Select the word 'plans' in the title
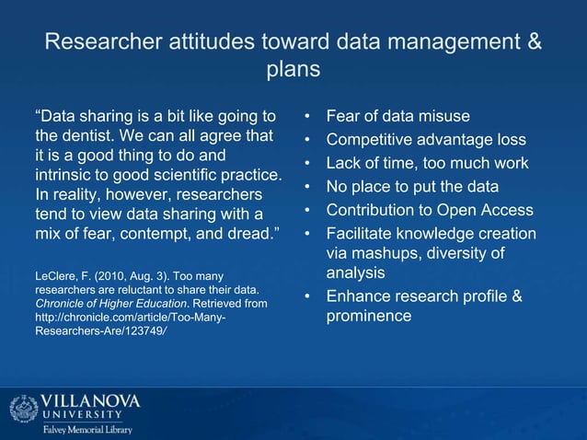tap(293, 69)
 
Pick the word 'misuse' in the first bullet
tap(437, 117)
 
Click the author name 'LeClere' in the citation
tap(54, 274)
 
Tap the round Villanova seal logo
tap(22, 410)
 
